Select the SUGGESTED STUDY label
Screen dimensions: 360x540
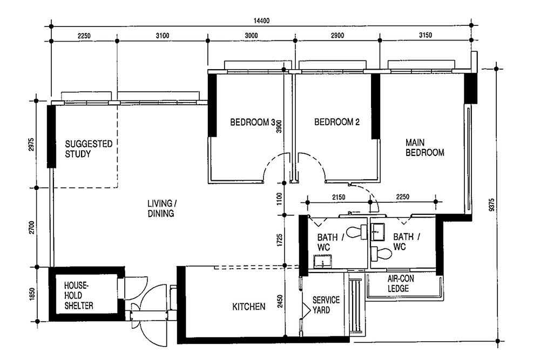tap(89, 148)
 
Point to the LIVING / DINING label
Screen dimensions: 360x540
tap(160, 208)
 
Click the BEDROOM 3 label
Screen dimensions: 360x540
tap(252, 123)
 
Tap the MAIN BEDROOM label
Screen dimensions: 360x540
tap(425, 147)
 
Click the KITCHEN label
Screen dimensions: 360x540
tap(248, 307)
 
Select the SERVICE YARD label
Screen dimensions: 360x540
tap(326, 305)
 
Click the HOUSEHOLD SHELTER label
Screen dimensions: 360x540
tap(79, 295)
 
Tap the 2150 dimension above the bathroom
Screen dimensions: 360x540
tap(338, 198)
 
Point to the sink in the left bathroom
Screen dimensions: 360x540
tap(322, 263)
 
